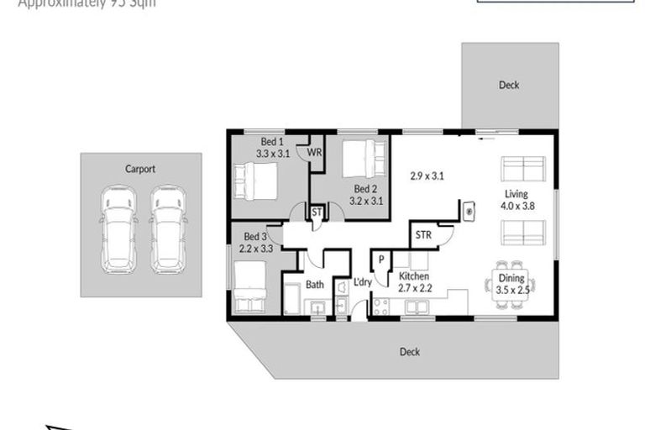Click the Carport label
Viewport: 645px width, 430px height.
140,169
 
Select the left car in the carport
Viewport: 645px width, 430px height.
118,228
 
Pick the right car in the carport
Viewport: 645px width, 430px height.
167,228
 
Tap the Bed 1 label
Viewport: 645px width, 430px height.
272,141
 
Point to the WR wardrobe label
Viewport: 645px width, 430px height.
315,153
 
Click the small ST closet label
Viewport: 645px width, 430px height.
317,213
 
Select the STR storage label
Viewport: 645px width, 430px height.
423,235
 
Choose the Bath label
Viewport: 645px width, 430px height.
315,285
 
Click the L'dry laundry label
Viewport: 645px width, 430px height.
362,282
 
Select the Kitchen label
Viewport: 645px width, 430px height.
414,276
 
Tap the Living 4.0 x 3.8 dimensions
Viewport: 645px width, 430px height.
516,205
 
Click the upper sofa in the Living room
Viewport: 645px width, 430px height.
522,169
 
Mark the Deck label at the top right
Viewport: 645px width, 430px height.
509,85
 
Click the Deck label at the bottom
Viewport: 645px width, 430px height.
410,352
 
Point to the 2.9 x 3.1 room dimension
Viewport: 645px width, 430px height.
427,176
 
